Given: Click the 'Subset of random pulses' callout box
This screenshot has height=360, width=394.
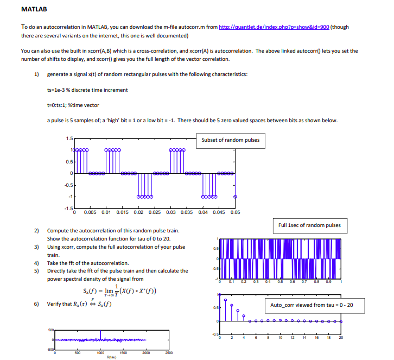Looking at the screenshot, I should click(x=230, y=140).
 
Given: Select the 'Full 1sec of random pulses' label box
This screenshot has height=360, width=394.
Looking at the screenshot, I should click(x=309, y=225).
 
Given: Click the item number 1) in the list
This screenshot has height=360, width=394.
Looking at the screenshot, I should click(x=37, y=74).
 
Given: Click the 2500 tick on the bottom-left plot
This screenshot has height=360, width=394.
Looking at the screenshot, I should click(x=169, y=352).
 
